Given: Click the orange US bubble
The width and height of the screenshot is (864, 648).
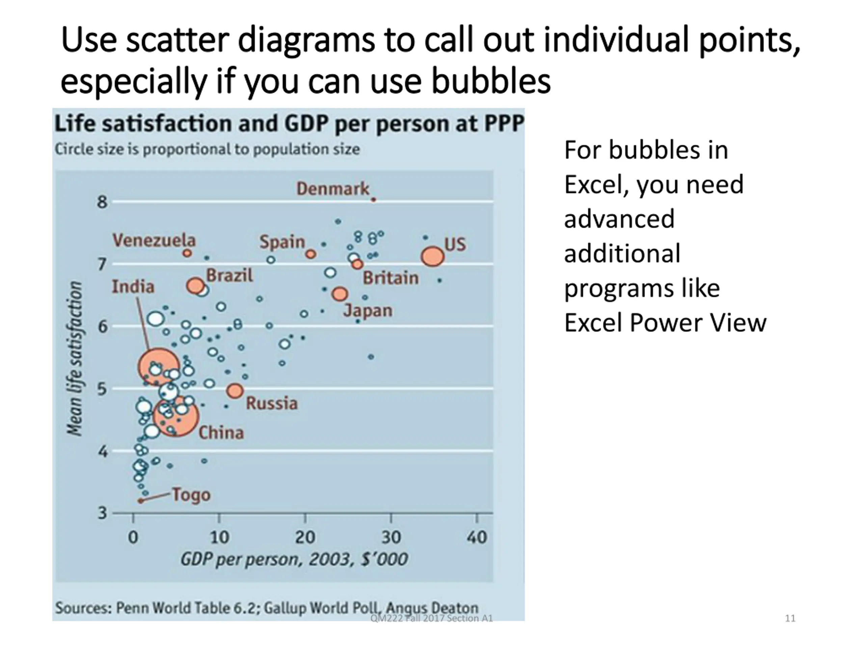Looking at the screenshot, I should (432, 256).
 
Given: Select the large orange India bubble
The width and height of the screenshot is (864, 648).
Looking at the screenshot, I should (159, 367).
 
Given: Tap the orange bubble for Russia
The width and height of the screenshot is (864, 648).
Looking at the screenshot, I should (235, 390).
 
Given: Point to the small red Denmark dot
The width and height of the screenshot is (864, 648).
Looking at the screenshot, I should (373, 199).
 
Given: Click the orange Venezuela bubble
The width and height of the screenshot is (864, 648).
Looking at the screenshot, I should (188, 253).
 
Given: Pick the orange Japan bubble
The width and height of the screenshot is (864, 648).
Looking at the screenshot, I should (340, 294).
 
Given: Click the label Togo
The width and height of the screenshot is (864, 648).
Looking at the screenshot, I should (191, 495).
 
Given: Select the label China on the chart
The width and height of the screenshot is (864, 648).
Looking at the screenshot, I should (221, 433).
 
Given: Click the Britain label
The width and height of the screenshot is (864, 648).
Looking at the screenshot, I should (390, 278).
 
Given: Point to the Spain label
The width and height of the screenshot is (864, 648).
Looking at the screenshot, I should (282, 242).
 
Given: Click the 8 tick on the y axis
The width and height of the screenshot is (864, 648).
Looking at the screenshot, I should (102, 202).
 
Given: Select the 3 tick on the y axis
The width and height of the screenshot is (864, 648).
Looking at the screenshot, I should (102, 513).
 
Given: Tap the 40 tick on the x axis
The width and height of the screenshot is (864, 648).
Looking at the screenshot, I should (477, 537).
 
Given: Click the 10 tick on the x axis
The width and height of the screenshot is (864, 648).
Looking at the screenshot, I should (219, 537).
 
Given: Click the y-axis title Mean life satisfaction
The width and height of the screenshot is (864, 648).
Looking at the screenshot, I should (74, 358).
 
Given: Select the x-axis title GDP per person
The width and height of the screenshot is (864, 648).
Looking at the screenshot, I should (294, 559).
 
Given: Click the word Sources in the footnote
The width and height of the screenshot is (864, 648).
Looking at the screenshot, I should (83, 608).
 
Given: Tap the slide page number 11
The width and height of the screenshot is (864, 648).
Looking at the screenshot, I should (790, 618).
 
